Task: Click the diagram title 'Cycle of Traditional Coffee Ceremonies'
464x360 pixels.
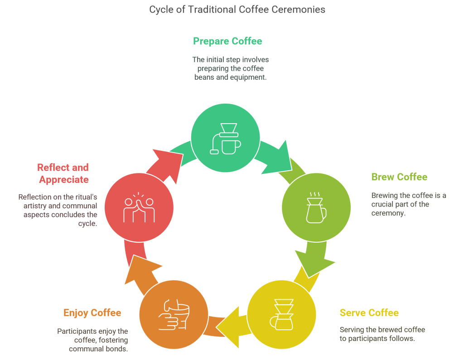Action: (x=237, y=10)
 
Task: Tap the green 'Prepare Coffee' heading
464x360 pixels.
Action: (x=227, y=41)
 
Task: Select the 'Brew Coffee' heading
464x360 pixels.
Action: (x=399, y=177)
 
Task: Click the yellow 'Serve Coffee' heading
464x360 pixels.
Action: (x=369, y=312)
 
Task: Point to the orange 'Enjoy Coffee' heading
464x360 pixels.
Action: (x=92, y=313)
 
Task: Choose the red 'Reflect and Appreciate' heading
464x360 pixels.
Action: (x=63, y=173)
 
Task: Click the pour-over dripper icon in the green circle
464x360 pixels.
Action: (x=226, y=139)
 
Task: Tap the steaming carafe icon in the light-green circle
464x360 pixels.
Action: (x=316, y=207)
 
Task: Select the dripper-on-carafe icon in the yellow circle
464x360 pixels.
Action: (x=281, y=314)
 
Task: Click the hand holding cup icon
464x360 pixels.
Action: (x=174, y=314)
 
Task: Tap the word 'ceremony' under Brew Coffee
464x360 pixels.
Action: (x=388, y=213)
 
